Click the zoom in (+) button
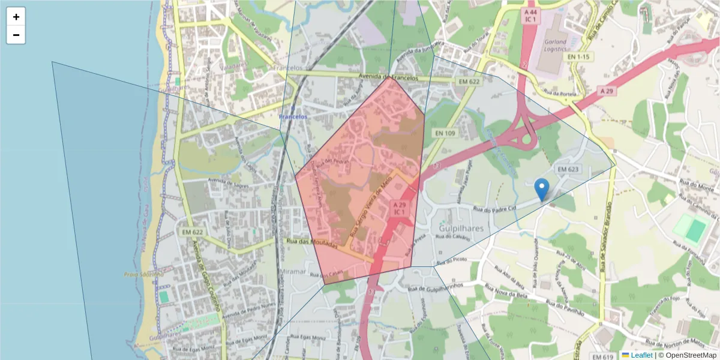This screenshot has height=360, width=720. pos(16,17)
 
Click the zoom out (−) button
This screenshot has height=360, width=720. pos(16,35)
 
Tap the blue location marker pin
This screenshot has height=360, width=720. pos(542,189)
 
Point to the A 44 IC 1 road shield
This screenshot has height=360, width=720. pos(530,16)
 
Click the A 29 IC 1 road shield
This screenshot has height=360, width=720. pos(400,209)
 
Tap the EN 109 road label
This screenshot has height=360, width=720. pos(444,133)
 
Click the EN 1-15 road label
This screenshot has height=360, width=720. pos(578,56)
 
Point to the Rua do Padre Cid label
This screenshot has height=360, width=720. pos(495,209)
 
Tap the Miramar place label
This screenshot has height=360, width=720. pos(294,271)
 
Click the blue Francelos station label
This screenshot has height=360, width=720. pos(293,116)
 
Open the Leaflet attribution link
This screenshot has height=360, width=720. pos(641,355)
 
